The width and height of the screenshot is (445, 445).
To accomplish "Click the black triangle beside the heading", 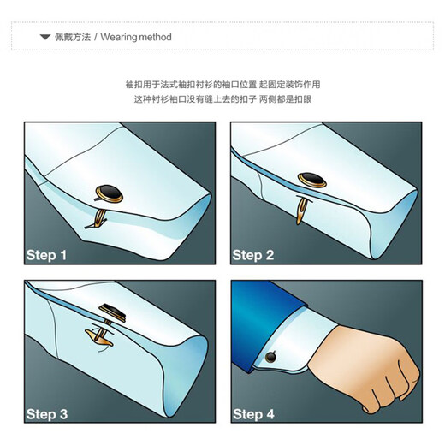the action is tap(45, 37).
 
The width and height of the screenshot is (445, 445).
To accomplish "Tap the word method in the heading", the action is tap(156, 37).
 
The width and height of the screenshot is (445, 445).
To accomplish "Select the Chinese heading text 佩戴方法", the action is tap(73, 37).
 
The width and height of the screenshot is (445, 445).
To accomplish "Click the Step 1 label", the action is tap(46, 255).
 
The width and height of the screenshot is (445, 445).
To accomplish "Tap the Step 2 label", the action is tap(253, 255).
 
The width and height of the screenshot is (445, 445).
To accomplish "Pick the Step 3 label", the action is tap(47, 414).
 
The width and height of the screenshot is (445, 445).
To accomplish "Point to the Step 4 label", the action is tap(253, 414).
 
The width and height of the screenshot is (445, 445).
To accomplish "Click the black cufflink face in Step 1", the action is tap(110, 193).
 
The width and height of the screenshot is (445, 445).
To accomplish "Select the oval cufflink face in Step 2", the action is tap(312, 180).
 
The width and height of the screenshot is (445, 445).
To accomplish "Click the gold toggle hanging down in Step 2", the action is tap(301, 211).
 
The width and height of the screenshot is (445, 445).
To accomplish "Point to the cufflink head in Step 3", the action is tap(113, 312).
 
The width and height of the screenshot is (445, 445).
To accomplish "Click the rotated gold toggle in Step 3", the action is tap(98, 337).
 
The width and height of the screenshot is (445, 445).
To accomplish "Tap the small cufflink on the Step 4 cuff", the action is tap(270, 357).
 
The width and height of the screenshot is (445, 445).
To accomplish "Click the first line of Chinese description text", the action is tap(222, 85).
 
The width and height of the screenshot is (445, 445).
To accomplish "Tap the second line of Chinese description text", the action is tap(222, 99).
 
